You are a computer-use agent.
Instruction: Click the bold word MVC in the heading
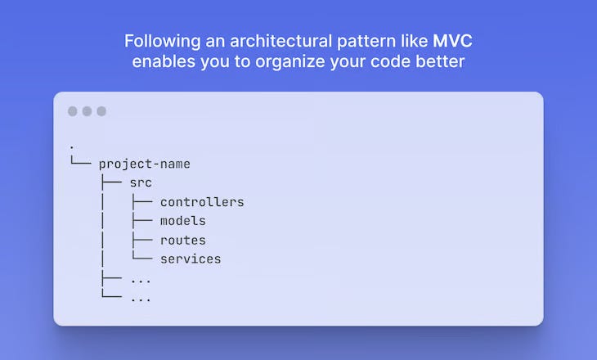pos(452,41)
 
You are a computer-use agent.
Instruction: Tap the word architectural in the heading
pos(281,41)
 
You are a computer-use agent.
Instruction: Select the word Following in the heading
pos(163,42)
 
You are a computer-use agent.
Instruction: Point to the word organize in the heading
pos(290,62)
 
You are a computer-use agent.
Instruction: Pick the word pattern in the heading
pos(361,42)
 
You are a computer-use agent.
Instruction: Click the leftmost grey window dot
pos(72,111)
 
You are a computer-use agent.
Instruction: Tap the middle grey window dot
pos(87,111)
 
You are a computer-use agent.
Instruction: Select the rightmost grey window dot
pos(101,111)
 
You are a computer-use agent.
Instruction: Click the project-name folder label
pos(144,164)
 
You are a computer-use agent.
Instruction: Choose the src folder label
pos(141,182)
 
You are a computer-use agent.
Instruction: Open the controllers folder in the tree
pos(202,202)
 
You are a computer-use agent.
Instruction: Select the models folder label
pos(182,221)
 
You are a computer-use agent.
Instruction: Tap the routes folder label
pos(182,241)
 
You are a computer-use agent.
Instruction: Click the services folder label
pos(191,259)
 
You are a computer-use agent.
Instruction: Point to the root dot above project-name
pos(72,147)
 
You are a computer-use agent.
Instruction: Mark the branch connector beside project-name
pos(81,160)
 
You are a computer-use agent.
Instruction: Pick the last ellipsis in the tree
pos(141,299)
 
